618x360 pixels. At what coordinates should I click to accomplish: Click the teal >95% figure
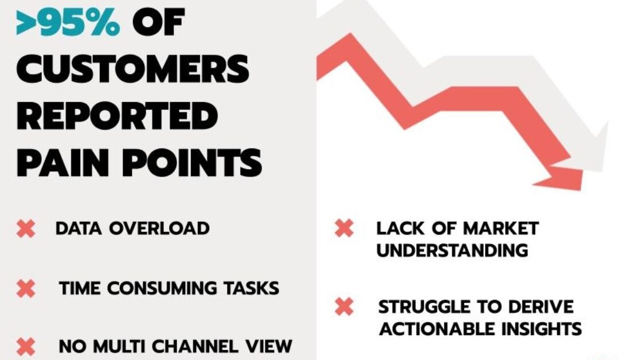click(x=68, y=24)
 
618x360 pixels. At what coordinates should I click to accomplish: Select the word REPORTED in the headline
click(x=117, y=116)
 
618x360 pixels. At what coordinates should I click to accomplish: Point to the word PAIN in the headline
click(x=62, y=162)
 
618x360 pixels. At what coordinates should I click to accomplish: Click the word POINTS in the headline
click(x=192, y=162)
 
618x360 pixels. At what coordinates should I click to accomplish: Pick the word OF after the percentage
click(x=158, y=24)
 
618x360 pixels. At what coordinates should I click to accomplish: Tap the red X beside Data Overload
click(x=26, y=229)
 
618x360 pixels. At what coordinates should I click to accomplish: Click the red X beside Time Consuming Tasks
click(x=26, y=288)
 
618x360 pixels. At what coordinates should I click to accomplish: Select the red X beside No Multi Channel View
click(x=26, y=347)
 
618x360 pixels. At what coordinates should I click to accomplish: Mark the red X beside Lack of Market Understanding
click(x=344, y=228)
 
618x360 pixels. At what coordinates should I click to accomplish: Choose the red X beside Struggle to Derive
click(x=344, y=307)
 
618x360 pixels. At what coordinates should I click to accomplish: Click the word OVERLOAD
click(x=159, y=229)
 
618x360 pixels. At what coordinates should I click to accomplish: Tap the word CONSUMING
click(x=162, y=288)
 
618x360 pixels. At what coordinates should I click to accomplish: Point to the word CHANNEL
click(x=195, y=347)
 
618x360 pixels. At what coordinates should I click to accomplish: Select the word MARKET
click(x=500, y=229)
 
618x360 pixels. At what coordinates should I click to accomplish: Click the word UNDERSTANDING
click(x=452, y=251)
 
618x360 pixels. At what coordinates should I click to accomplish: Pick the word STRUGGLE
click(x=424, y=307)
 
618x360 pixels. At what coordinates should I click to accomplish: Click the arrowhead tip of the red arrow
click(x=582, y=189)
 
